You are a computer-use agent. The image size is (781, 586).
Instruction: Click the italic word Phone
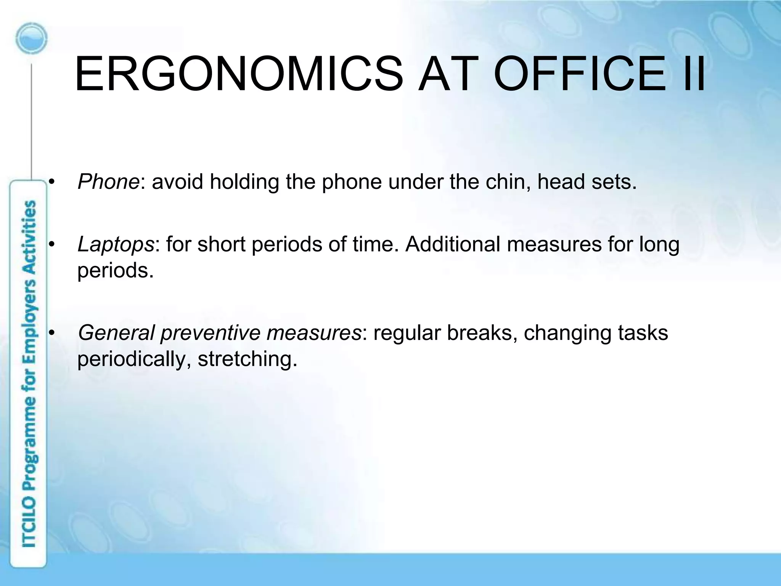coord(108,182)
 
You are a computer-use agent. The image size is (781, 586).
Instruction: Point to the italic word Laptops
coord(116,244)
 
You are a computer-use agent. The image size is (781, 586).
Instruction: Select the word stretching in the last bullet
coord(247,359)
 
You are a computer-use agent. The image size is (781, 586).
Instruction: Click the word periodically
coord(134,359)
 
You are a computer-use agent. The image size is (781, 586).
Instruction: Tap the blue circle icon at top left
coord(32,39)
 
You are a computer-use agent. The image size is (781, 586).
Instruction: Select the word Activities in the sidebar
coord(29,237)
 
